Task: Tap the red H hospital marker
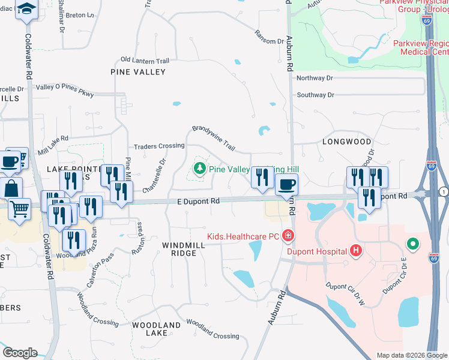(x=356, y=250)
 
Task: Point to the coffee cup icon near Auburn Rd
(x=286, y=185)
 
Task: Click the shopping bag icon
(x=11, y=188)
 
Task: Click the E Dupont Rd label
(x=194, y=202)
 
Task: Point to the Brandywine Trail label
(x=212, y=137)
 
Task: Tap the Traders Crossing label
(x=158, y=146)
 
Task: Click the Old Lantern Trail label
(x=145, y=60)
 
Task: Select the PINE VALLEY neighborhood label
(x=138, y=72)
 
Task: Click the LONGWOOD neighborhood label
(x=347, y=142)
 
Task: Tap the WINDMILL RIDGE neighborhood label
(x=179, y=249)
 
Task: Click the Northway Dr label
(x=315, y=78)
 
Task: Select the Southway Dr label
(x=315, y=95)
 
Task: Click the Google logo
(x=19, y=353)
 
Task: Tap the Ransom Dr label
(x=268, y=37)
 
